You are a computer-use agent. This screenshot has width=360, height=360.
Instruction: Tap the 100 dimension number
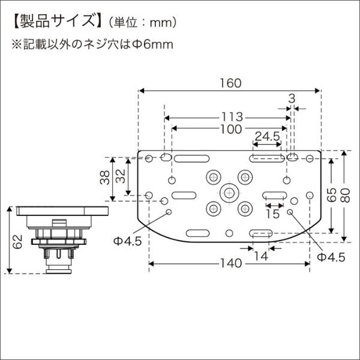coord(230,129)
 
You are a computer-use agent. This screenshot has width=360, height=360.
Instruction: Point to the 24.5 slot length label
coord(267,137)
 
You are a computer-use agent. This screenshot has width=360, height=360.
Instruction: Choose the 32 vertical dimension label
coord(120,177)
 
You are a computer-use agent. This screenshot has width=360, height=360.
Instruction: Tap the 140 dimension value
coord(230,263)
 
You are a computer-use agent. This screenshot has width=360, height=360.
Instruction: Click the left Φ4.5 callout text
coord(127,241)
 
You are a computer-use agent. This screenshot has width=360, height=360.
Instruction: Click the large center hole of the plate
coord(228,193)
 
